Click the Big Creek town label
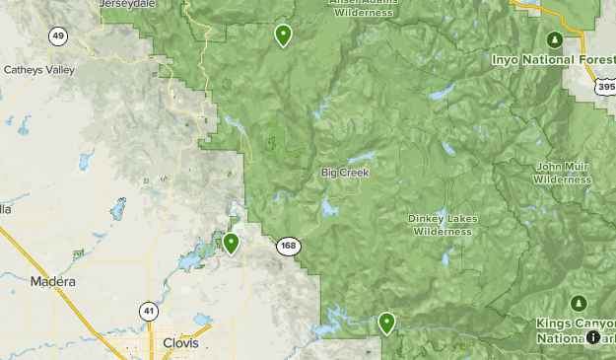pos(344,173)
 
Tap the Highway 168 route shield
pos(288,247)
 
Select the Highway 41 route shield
pos(147,310)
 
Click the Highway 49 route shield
pos(58,36)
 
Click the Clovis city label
pos(178,343)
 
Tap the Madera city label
pos(52,282)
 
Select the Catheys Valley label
pos(39,70)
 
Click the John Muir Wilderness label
pos(561,173)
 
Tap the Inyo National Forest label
pos(553,59)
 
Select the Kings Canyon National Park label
pos(576,330)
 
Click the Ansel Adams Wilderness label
pos(368,8)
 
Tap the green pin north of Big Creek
pos(284,36)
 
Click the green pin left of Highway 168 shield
pos(232,243)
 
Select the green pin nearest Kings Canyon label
pos(386,322)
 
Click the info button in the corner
pos(594,337)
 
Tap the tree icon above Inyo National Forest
pos(555,39)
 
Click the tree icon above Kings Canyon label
pos(578,302)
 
